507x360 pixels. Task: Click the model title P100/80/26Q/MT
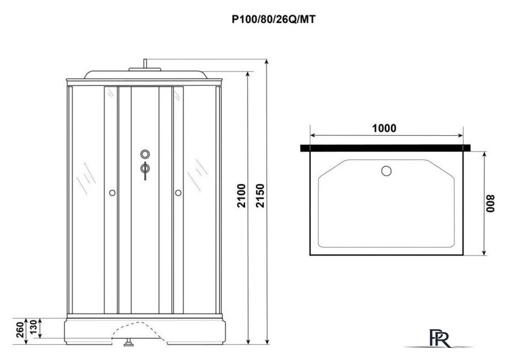pos(273,19)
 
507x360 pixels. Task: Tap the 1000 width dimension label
pos(384,128)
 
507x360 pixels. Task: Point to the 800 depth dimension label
pos(492,203)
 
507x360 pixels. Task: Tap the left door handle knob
pos(112,193)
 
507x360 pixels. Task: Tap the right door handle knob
pos(178,193)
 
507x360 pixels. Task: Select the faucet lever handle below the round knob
pos(145,170)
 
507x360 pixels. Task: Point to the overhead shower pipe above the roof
pos(145,63)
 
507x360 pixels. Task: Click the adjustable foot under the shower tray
pos(128,346)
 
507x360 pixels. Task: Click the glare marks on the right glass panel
pos(196,177)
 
